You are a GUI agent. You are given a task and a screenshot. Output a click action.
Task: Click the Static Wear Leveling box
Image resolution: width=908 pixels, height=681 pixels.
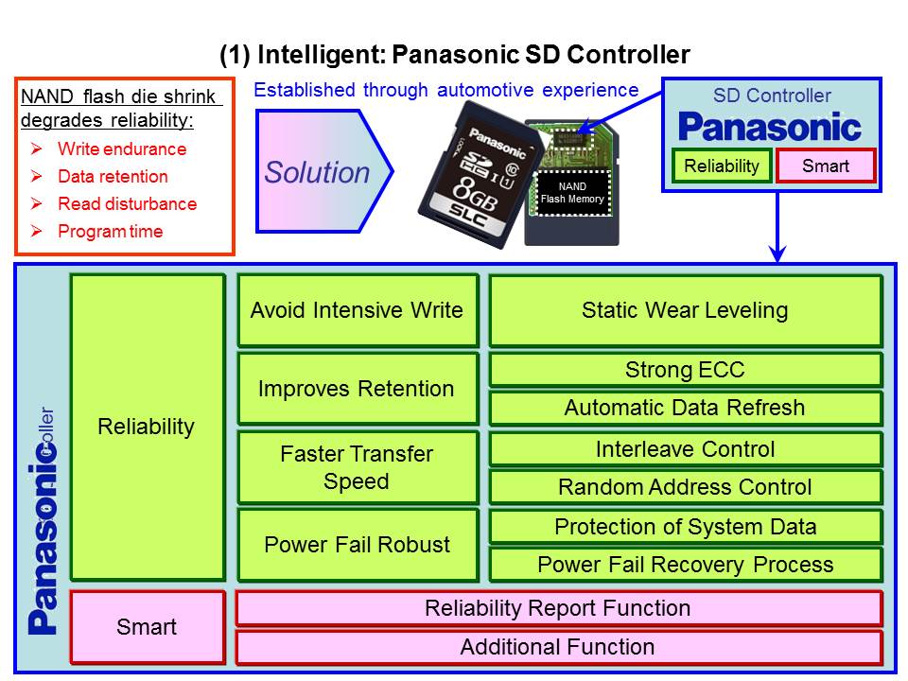coord(685,310)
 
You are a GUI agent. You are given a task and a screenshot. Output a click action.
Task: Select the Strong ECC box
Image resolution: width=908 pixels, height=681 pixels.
coord(685,370)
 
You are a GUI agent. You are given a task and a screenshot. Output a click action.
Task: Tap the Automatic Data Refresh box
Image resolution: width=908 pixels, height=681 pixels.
coord(685,409)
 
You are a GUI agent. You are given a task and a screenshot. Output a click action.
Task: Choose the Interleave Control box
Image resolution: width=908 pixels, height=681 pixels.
coord(685,449)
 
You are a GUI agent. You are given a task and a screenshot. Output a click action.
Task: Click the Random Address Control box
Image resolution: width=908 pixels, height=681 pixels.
coord(685,487)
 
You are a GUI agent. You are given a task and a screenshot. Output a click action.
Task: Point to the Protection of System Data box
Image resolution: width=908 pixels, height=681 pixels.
coord(685,527)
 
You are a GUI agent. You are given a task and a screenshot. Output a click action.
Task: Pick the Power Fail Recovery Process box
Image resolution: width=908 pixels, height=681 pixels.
coord(685,565)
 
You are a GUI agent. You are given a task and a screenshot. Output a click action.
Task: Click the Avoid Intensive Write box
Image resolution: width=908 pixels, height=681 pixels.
coord(357,310)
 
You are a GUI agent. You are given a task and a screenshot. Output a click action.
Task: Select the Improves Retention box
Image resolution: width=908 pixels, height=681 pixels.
coord(357,389)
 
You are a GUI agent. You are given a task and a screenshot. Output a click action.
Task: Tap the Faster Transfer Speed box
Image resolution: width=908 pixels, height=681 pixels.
coord(357,467)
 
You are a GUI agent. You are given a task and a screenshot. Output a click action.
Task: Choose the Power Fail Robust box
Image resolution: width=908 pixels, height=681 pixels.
coord(357,545)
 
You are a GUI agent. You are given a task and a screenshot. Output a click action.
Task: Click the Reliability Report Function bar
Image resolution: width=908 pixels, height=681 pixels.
coord(558,608)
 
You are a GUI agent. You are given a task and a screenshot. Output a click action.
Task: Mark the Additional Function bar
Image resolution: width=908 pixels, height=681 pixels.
coord(558,648)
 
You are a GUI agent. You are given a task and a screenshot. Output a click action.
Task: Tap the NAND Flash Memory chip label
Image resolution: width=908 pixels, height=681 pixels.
coord(572,193)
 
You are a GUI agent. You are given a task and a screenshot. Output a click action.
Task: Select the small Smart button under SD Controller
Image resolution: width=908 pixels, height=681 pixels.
coord(826,166)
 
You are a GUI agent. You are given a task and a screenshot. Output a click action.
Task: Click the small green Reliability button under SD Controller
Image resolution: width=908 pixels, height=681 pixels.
coord(722,166)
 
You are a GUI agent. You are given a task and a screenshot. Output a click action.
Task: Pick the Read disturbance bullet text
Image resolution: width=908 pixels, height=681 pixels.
coord(127,204)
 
